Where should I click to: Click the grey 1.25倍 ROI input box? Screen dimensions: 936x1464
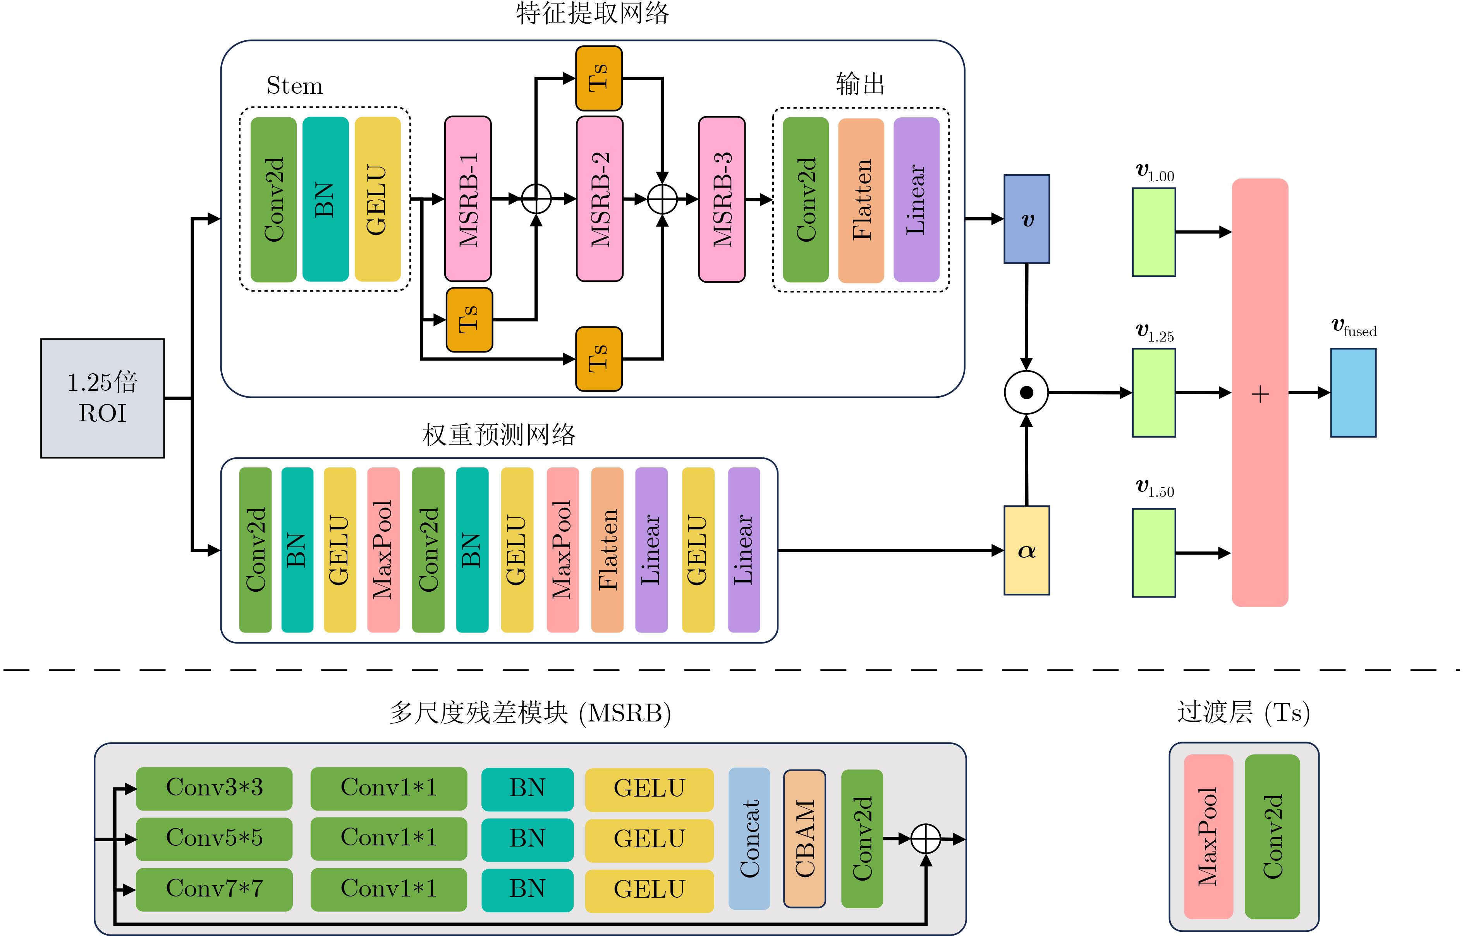102,398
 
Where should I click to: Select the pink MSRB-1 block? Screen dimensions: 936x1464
467,199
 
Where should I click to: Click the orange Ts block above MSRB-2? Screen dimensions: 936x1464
599,78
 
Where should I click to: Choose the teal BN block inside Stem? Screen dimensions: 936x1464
325,199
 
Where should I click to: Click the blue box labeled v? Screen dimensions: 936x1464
1026,219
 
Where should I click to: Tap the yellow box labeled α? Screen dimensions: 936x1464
1026,550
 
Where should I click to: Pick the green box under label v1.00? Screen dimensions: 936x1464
1153,232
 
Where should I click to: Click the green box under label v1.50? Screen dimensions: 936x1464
1153,553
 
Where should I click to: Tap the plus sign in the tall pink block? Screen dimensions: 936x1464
1260,394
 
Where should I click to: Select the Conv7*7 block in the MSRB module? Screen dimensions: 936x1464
214,889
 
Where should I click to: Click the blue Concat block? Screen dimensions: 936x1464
749,839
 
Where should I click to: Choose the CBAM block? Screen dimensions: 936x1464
804,839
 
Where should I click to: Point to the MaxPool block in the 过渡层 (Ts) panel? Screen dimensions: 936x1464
1208,836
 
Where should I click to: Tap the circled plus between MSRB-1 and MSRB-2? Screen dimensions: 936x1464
536,199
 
